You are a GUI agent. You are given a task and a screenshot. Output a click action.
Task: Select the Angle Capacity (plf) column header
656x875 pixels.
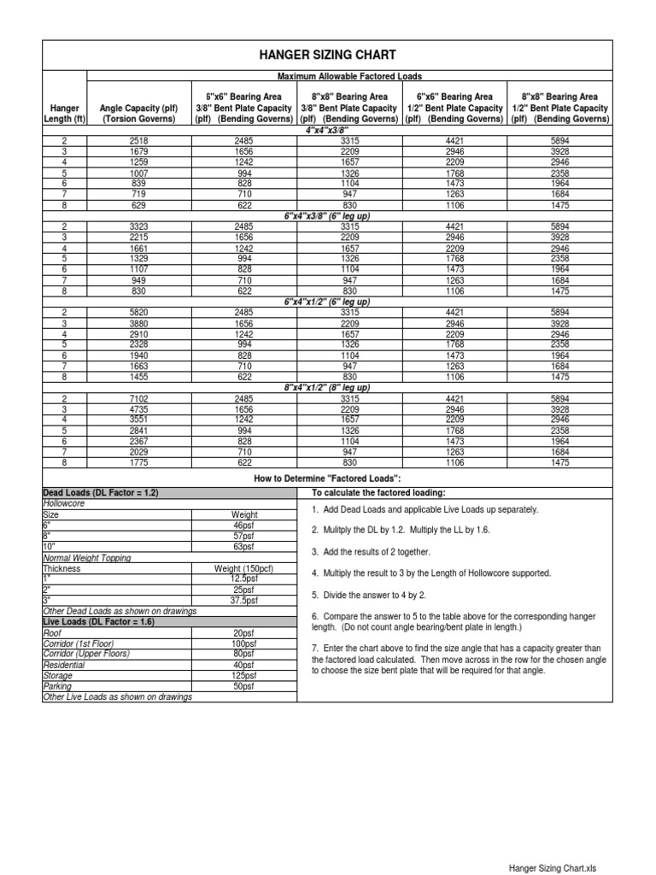click(138, 114)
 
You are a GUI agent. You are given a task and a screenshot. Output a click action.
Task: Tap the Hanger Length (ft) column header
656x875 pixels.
click(64, 114)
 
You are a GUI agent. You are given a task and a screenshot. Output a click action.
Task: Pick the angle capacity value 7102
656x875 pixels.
click(138, 398)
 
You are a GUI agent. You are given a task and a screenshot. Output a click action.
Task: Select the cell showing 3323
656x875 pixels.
click(138, 226)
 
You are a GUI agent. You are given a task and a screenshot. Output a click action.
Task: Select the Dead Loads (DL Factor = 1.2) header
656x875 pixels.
click(101, 494)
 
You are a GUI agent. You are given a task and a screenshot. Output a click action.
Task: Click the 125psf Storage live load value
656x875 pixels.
click(244, 675)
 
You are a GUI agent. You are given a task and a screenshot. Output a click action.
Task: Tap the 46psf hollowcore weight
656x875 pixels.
click(244, 526)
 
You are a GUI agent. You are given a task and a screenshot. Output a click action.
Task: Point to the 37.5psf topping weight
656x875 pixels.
click(244, 601)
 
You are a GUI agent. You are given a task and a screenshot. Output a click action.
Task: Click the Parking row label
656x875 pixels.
click(58, 686)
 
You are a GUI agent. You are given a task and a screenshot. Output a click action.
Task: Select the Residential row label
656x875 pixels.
click(64, 665)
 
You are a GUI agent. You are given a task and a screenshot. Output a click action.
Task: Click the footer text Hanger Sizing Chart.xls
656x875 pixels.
click(552, 867)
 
